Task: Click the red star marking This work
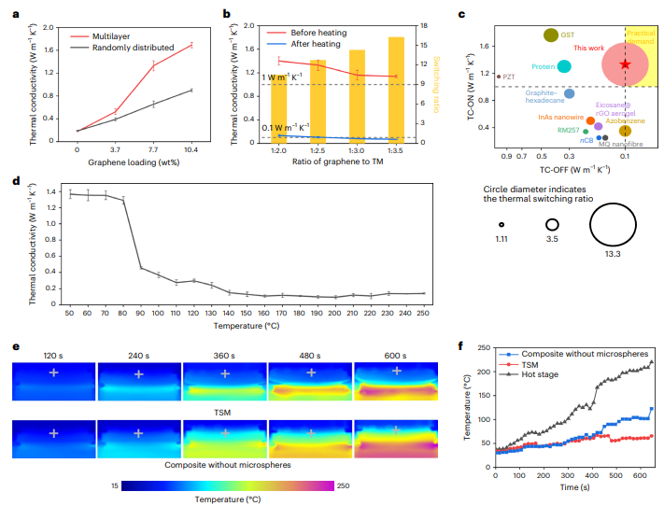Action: tap(625, 63)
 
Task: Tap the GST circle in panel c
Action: tap(551, 35)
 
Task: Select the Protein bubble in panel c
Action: tap(565, 66)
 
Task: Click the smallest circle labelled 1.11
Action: tap(501, 224)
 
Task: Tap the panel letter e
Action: tap(16, 346)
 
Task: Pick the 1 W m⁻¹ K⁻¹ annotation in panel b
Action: tap(286, 77)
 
